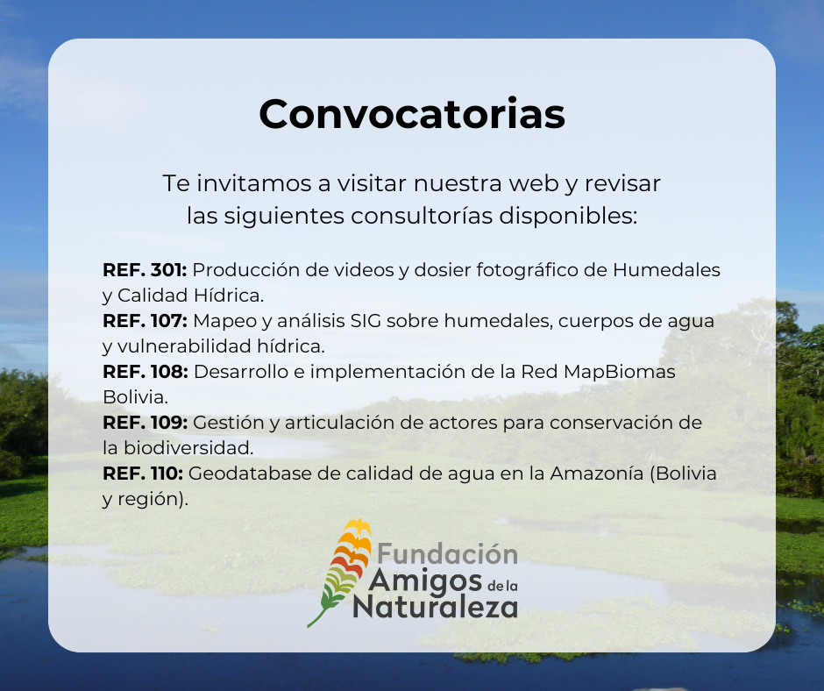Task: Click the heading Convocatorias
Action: [412, 114]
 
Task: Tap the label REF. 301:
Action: [145, 270]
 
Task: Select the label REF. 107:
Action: [145, 321]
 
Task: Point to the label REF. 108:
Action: [146, 372]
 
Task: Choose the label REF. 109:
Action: [145, 423]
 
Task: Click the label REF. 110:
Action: [143, 474]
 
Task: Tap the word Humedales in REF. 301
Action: [666, 270]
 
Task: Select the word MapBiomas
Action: [619, 373]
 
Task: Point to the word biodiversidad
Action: [188, 448]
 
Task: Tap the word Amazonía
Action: [596, 474]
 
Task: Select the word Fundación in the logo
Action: [448, 553]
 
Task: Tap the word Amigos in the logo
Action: [425, 581]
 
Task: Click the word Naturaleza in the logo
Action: [436, 606]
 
